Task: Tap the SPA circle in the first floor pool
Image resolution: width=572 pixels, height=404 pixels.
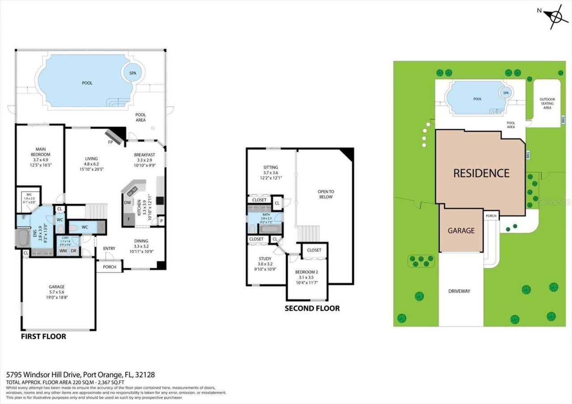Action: (x=133, y=73)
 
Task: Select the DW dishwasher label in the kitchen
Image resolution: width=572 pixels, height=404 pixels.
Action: (x=127, y=202)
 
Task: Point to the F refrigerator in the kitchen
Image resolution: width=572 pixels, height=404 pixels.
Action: (x=129, y=219)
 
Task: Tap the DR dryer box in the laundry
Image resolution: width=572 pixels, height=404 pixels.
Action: (x=73, y=251)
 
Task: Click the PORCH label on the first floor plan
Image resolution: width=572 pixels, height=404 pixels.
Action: (x=109, y=267)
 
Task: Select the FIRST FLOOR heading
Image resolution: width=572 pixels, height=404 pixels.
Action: (x=43, y=336)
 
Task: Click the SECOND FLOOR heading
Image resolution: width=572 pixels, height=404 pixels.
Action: (x=312, y=308)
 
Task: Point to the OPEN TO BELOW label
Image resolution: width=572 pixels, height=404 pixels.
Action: (x=326, y=194)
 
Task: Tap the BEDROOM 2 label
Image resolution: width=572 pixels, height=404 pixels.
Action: (x=307, y=272)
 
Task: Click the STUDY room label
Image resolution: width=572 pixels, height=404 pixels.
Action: (x=265, y=258)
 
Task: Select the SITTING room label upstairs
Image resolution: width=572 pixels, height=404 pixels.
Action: (x=270, y=168)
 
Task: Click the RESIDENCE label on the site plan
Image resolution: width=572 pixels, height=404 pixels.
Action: (x=481, y=173)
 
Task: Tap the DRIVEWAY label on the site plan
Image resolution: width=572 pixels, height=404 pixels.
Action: (x=459, y=291)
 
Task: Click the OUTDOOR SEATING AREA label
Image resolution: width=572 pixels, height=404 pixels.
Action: (x=547, y=104)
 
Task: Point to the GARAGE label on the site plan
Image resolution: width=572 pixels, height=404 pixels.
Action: (x=461, y=230)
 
